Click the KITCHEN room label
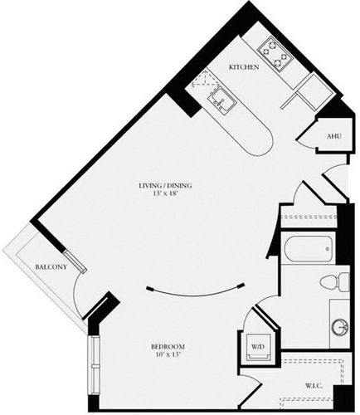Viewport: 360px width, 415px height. pyautogui.click(x=245, y=66)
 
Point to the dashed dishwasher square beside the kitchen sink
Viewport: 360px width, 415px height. pyautogui.click(x=202, y=81)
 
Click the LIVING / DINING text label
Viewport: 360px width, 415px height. pyautogui.click(x=159, y=186)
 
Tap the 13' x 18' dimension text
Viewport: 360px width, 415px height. pyautogui.click(x=159, y=196)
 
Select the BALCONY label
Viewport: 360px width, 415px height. pyautogui.click(x=51, y=267)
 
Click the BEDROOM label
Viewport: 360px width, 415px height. pyautogui.click(x=167, y=346)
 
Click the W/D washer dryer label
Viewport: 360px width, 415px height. pyautogui.click(x=258, y=346)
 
